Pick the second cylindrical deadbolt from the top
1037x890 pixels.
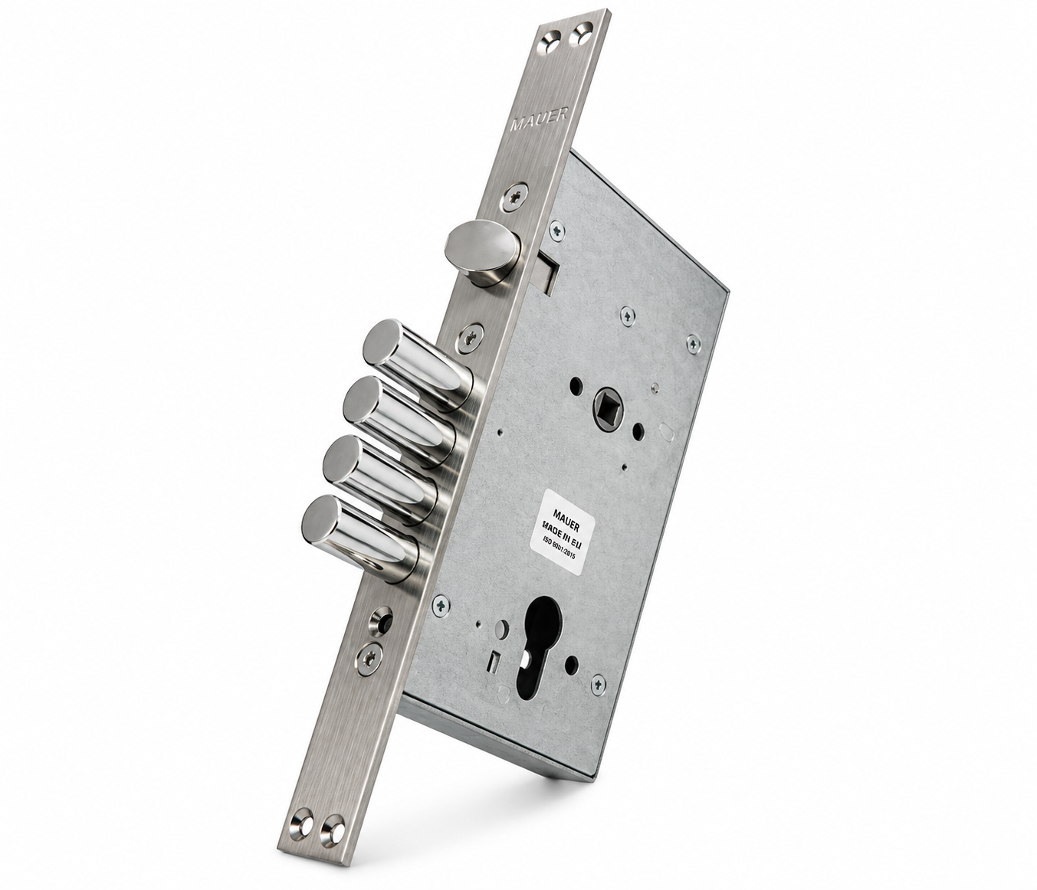click(x=399, y=420)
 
